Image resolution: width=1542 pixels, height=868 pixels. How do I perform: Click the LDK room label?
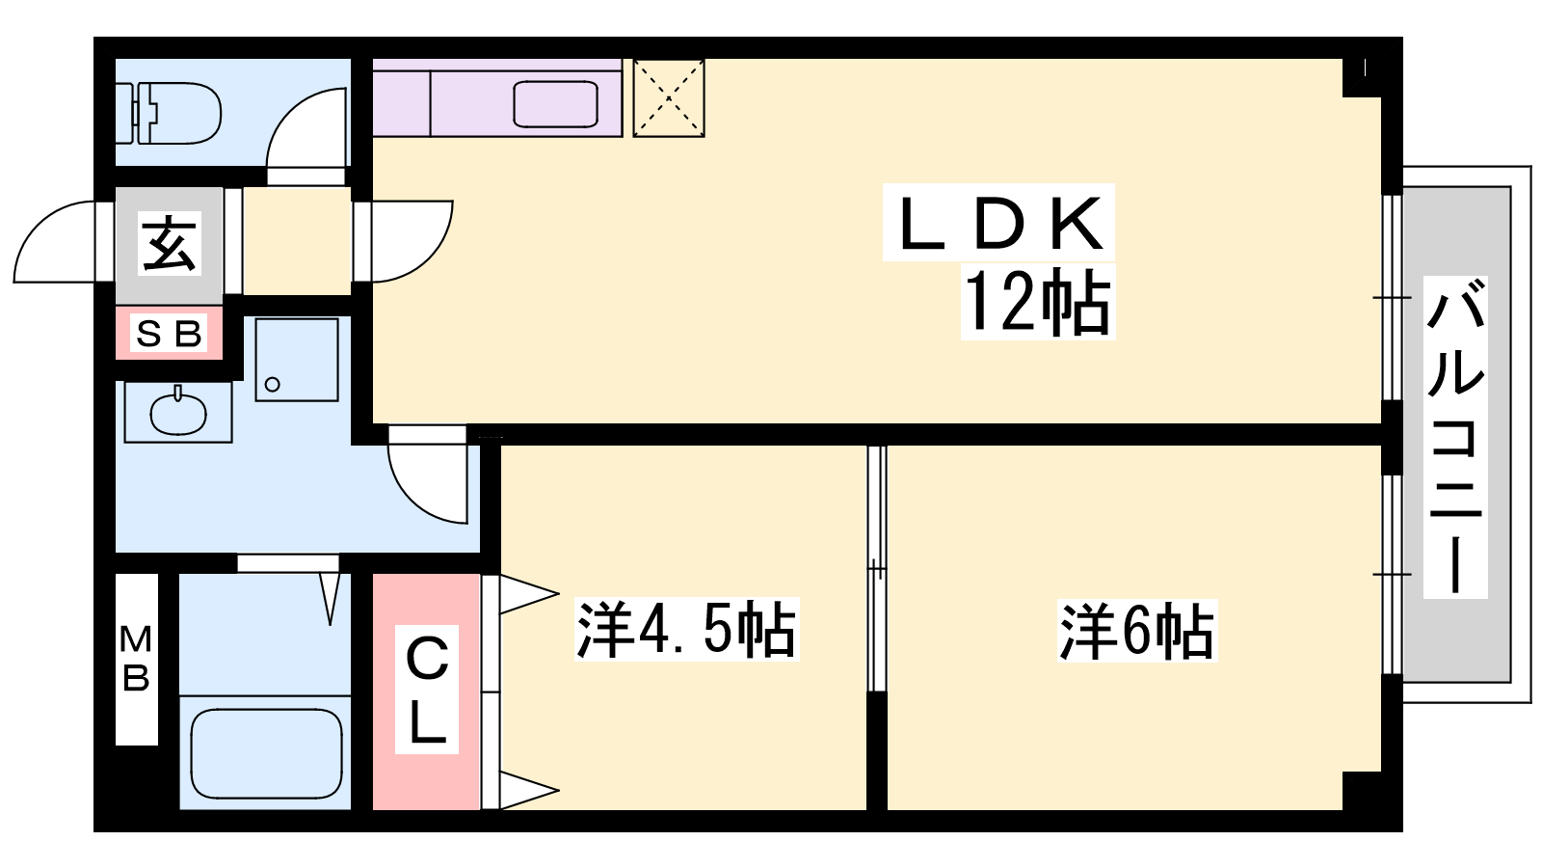click(x=999, y=223)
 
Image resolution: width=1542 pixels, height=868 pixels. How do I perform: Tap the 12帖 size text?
click(x=1038, y=302)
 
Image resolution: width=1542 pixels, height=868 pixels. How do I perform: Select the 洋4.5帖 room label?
click(x=686, y=630)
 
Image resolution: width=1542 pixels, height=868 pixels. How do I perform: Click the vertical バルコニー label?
click(x=1455, y=437)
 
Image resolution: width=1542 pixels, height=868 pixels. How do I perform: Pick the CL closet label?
click(x=427, y=689)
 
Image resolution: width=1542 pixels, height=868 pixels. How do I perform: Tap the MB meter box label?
click(x=136, y=659)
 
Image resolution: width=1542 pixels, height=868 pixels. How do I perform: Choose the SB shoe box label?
click(x=169, y=334)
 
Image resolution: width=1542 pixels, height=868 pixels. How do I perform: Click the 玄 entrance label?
click(x=170, y=243)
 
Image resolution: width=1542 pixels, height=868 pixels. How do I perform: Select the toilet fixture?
click(x=169, y=114)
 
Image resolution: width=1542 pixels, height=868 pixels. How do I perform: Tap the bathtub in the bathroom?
click(x=266, y=753)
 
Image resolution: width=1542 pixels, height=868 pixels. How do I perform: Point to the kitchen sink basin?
click(x=555, y=104)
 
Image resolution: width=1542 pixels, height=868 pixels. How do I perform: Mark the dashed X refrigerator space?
click(x=669, y=98)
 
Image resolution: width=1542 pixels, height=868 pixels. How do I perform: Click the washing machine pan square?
click(x=297, y=359)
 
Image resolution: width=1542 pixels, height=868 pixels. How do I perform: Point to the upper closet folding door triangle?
click(x=529, y=594)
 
